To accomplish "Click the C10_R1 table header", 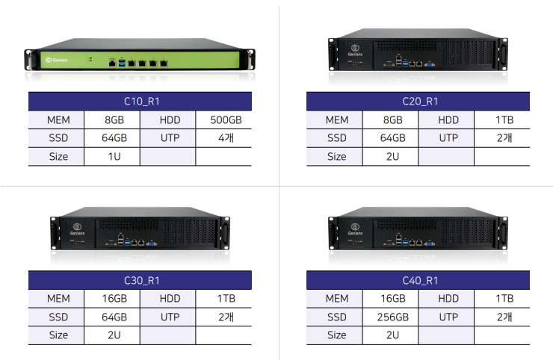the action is tap(140, 102).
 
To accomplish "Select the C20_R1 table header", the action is tap(418, 102).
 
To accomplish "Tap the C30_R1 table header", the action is tap(140, 281).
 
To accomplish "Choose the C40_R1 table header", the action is tap(418, 281).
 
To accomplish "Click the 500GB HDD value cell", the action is tap(223, 120).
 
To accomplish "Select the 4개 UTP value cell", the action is tap(223, 138).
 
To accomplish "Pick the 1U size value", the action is tap(112, 157).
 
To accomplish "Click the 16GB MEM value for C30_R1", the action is tap(112, 299).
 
